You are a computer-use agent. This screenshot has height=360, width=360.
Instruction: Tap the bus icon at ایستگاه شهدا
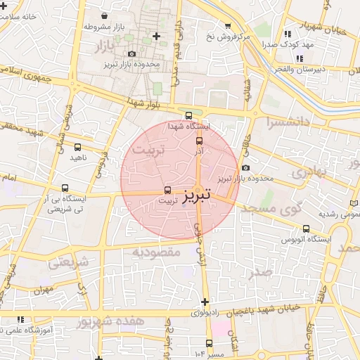pyautogui.click(x=188, y=116)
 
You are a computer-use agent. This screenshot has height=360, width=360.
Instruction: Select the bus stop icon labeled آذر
pyautogui.click(x=199, y=141)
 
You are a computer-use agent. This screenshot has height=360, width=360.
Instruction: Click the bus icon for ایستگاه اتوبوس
pyautogui.click(x=306, y=229)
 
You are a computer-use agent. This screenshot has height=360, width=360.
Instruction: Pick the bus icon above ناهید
pyautogui.click(x=77, y=148)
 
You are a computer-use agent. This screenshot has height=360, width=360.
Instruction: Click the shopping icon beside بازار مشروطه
pyautogui.click(x=105, y=15)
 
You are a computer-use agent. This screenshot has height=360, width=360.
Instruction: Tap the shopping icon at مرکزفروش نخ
pyautogui.click(x=227, y=26)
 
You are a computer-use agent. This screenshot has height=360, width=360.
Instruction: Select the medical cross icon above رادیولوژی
pyautogui.click(x=205, y=302)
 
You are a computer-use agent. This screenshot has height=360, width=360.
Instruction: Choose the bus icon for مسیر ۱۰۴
pyautogui.click(x=207, y=352)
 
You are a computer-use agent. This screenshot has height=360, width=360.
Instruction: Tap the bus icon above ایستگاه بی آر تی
pyautogui.click(x=65, y=188)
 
